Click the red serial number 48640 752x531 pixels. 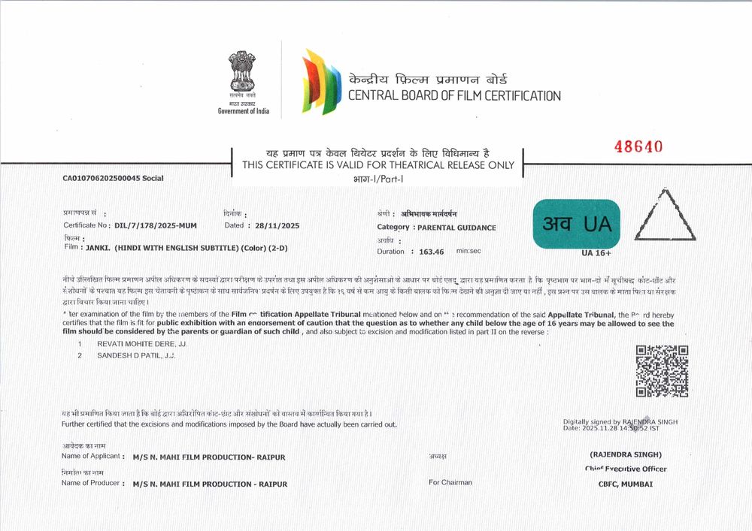638,147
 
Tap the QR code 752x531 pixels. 662,371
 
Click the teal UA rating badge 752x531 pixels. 577,224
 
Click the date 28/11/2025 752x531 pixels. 277,225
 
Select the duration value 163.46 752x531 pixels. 431,252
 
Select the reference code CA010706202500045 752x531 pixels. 97,178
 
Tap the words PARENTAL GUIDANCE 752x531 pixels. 456,227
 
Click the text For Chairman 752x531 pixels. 450,482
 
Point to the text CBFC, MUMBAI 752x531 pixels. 620,484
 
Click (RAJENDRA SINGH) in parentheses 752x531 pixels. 626,454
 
